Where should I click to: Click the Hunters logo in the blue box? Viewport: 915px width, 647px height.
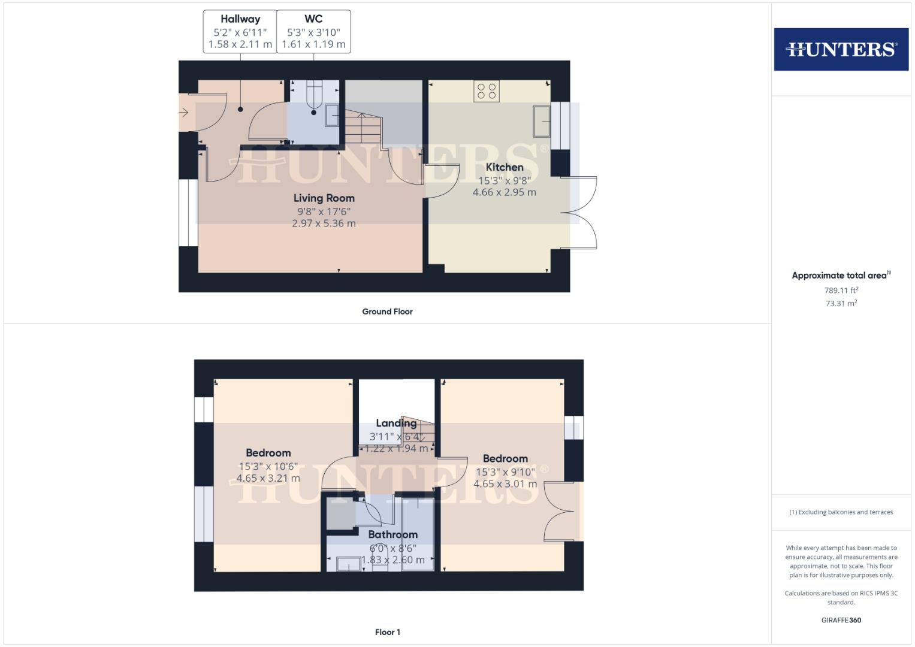point(841,49)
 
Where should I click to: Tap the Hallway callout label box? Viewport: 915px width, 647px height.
point(240,32)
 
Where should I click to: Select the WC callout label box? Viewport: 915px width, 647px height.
point(313,32)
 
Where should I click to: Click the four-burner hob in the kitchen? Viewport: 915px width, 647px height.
point(486,90)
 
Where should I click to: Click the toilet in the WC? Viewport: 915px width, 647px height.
point(315,95)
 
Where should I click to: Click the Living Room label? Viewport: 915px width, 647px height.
point(324,198)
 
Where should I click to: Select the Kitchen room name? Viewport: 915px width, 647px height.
point(505,167)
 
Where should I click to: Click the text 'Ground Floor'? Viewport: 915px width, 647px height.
point(387,312)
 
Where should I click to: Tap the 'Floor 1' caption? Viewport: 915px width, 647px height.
point(387,632)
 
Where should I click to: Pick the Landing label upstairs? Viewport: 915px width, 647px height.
point(396,423)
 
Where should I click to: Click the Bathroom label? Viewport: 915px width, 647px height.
point(392,534)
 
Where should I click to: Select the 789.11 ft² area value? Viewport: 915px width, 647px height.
point(841,291)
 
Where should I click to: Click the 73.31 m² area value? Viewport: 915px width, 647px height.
point(841,303)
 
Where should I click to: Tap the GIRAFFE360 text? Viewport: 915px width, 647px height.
point(841,620)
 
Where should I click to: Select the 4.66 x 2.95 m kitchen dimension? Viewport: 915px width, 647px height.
point(505,192)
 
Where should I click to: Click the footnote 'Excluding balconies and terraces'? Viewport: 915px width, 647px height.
point(841,512)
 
